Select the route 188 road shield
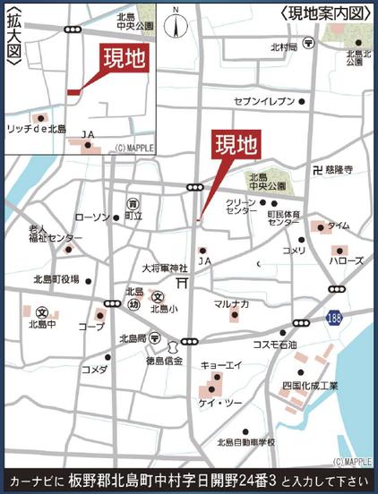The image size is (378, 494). pos(332,318)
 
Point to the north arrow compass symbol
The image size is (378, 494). pos(177,25)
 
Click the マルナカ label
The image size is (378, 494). pos(231,305)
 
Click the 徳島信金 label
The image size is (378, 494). pos(165,361)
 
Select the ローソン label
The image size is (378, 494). pos(92,217)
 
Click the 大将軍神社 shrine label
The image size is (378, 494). pos(165,268)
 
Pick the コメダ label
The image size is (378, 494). pos(94,369)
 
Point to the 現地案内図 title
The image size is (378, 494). pos(325,13)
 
